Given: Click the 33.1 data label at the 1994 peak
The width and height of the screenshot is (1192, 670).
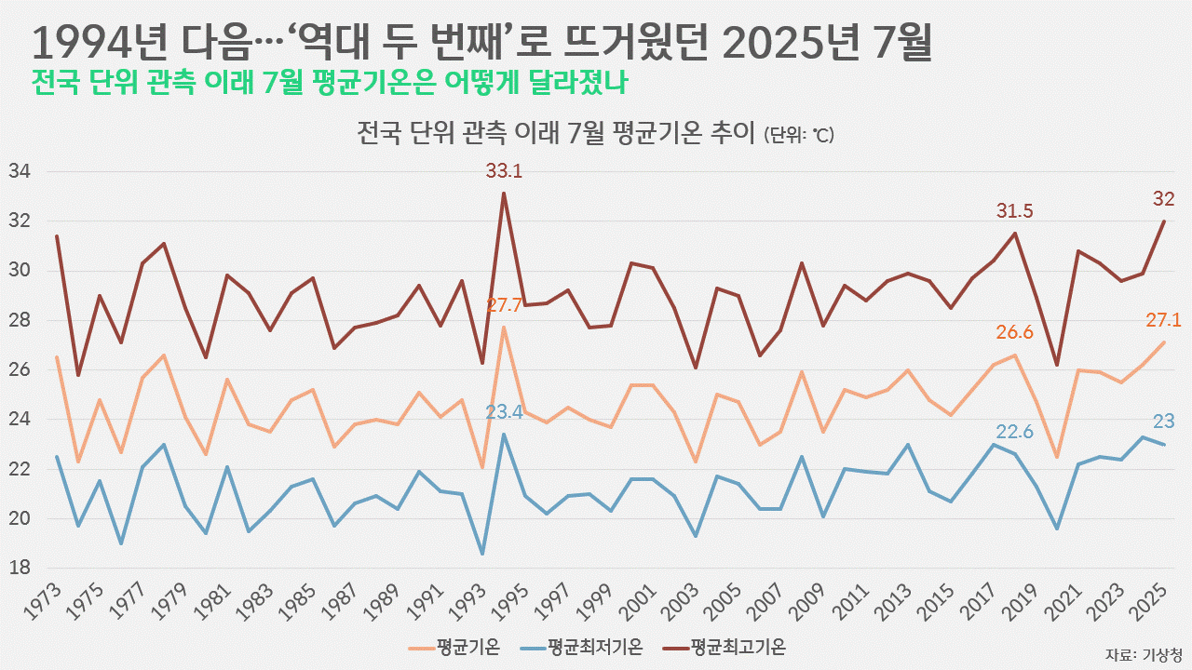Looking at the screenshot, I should (x=504, y=171).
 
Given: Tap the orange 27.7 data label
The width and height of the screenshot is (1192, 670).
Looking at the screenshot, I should (x=504, y=305).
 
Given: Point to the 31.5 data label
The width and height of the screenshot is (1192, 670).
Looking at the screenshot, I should (x=1015, y=211).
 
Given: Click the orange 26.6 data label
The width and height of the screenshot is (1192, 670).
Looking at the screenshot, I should (x=1015, y=333).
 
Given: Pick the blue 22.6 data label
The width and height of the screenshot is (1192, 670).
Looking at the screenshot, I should (x=1015, y=432).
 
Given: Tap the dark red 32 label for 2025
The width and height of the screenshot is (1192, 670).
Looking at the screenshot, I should (x=1164, y=198).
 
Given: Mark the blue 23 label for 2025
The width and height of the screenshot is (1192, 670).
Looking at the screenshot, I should (x=1164, y=421).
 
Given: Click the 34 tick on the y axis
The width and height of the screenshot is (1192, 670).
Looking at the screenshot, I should (x=20, y=172).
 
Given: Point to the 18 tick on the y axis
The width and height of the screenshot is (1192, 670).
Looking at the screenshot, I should (x=20, y=568).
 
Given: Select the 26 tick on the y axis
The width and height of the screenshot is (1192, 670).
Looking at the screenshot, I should (x=20, y=370).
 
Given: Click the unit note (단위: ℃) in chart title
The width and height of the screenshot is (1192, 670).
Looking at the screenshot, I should (x=798, y=136).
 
